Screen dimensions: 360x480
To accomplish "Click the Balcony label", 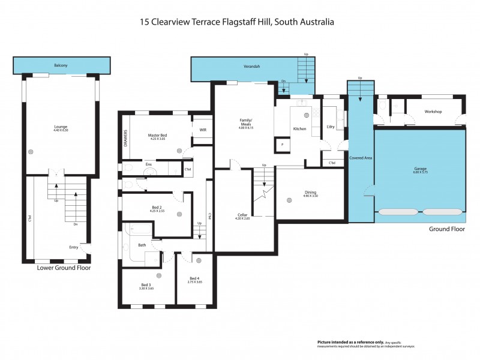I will click(x=61, y=65).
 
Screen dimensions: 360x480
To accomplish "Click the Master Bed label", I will click(x=157, y=136).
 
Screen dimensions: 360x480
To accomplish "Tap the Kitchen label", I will click(x=300, y=129).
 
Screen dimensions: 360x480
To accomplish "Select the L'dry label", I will click(x=330, y=126).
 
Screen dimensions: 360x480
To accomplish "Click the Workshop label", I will click(x=433, y=112).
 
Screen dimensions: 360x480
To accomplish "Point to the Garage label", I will click(x=420, y=170).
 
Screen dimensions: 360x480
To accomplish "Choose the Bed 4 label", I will click(x=194, y=279).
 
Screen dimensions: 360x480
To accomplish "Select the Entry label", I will click(x=74, y=247).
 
